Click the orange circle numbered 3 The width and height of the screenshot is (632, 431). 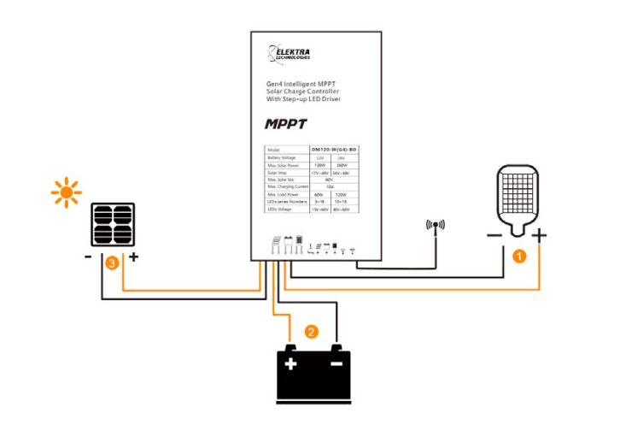pos(111,264)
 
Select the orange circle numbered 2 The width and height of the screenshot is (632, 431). pos(311,331)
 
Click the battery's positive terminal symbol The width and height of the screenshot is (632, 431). pos(291,364)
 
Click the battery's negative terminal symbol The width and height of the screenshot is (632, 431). pos(336,364)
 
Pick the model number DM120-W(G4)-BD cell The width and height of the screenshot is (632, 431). pos(330,150)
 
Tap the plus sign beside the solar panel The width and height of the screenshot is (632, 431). pos(133,256)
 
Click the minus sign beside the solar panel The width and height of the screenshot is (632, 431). pos(89,256)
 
